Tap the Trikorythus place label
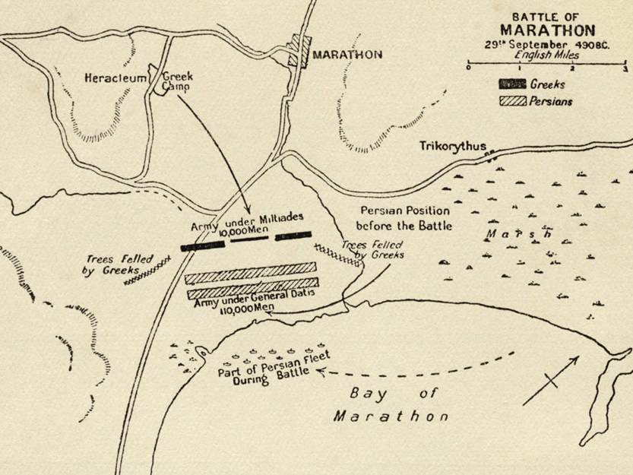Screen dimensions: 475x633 (x=451, y=146)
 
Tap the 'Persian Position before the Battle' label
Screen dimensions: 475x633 (x=404, y=218)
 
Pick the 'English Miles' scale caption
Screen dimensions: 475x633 (x=546, y=55)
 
